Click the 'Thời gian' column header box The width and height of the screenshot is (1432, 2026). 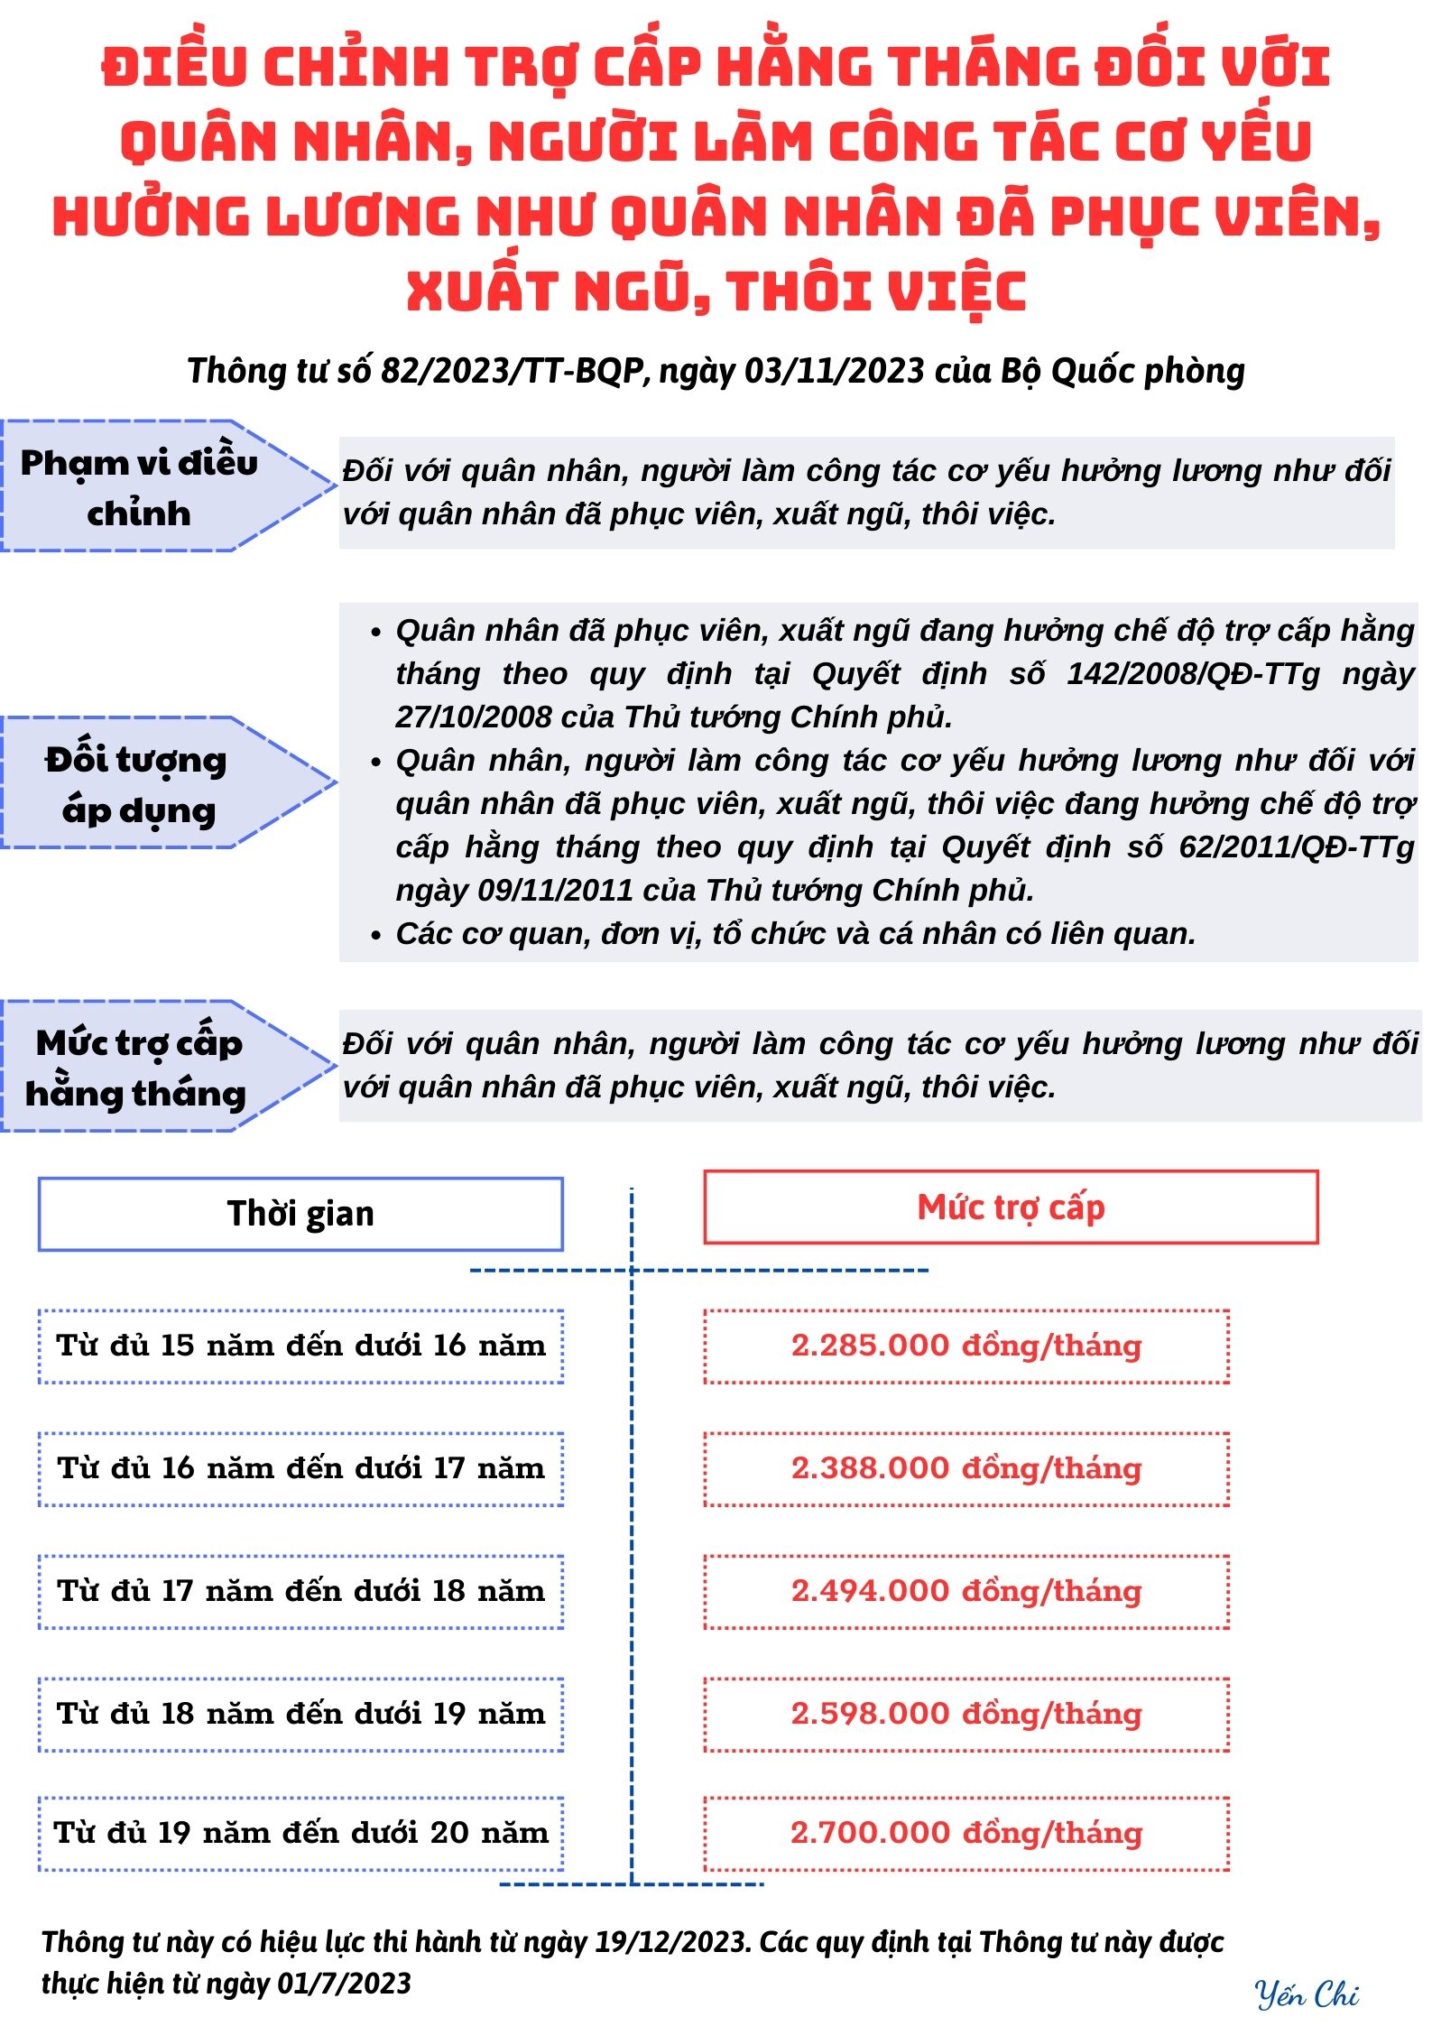(x=300, y=1214)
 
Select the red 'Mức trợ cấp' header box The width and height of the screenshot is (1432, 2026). (x=1011, y=1207)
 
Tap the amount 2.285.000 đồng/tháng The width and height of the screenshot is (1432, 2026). (x=966, y=1346)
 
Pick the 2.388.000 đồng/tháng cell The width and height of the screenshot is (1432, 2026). (x=966, y=1468)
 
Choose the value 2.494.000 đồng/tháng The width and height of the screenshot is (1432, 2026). (x=966, y=1591)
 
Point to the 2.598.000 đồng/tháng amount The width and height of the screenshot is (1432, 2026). (x=966, y=1714)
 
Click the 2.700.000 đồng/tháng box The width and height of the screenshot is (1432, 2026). (x=966, y=1833)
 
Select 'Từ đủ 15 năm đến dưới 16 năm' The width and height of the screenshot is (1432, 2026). (x=300, y=1346)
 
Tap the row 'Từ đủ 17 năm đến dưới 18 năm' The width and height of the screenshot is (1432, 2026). (x=300, y=1591)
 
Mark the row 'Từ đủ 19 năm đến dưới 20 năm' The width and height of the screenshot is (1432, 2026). (x=300, y=1833)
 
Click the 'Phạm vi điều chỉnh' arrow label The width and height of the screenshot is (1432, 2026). (x=140, y=487)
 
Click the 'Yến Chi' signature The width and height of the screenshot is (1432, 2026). (x=1307, y=1994)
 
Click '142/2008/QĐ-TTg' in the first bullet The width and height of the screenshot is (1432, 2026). (x=1193, y=674)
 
